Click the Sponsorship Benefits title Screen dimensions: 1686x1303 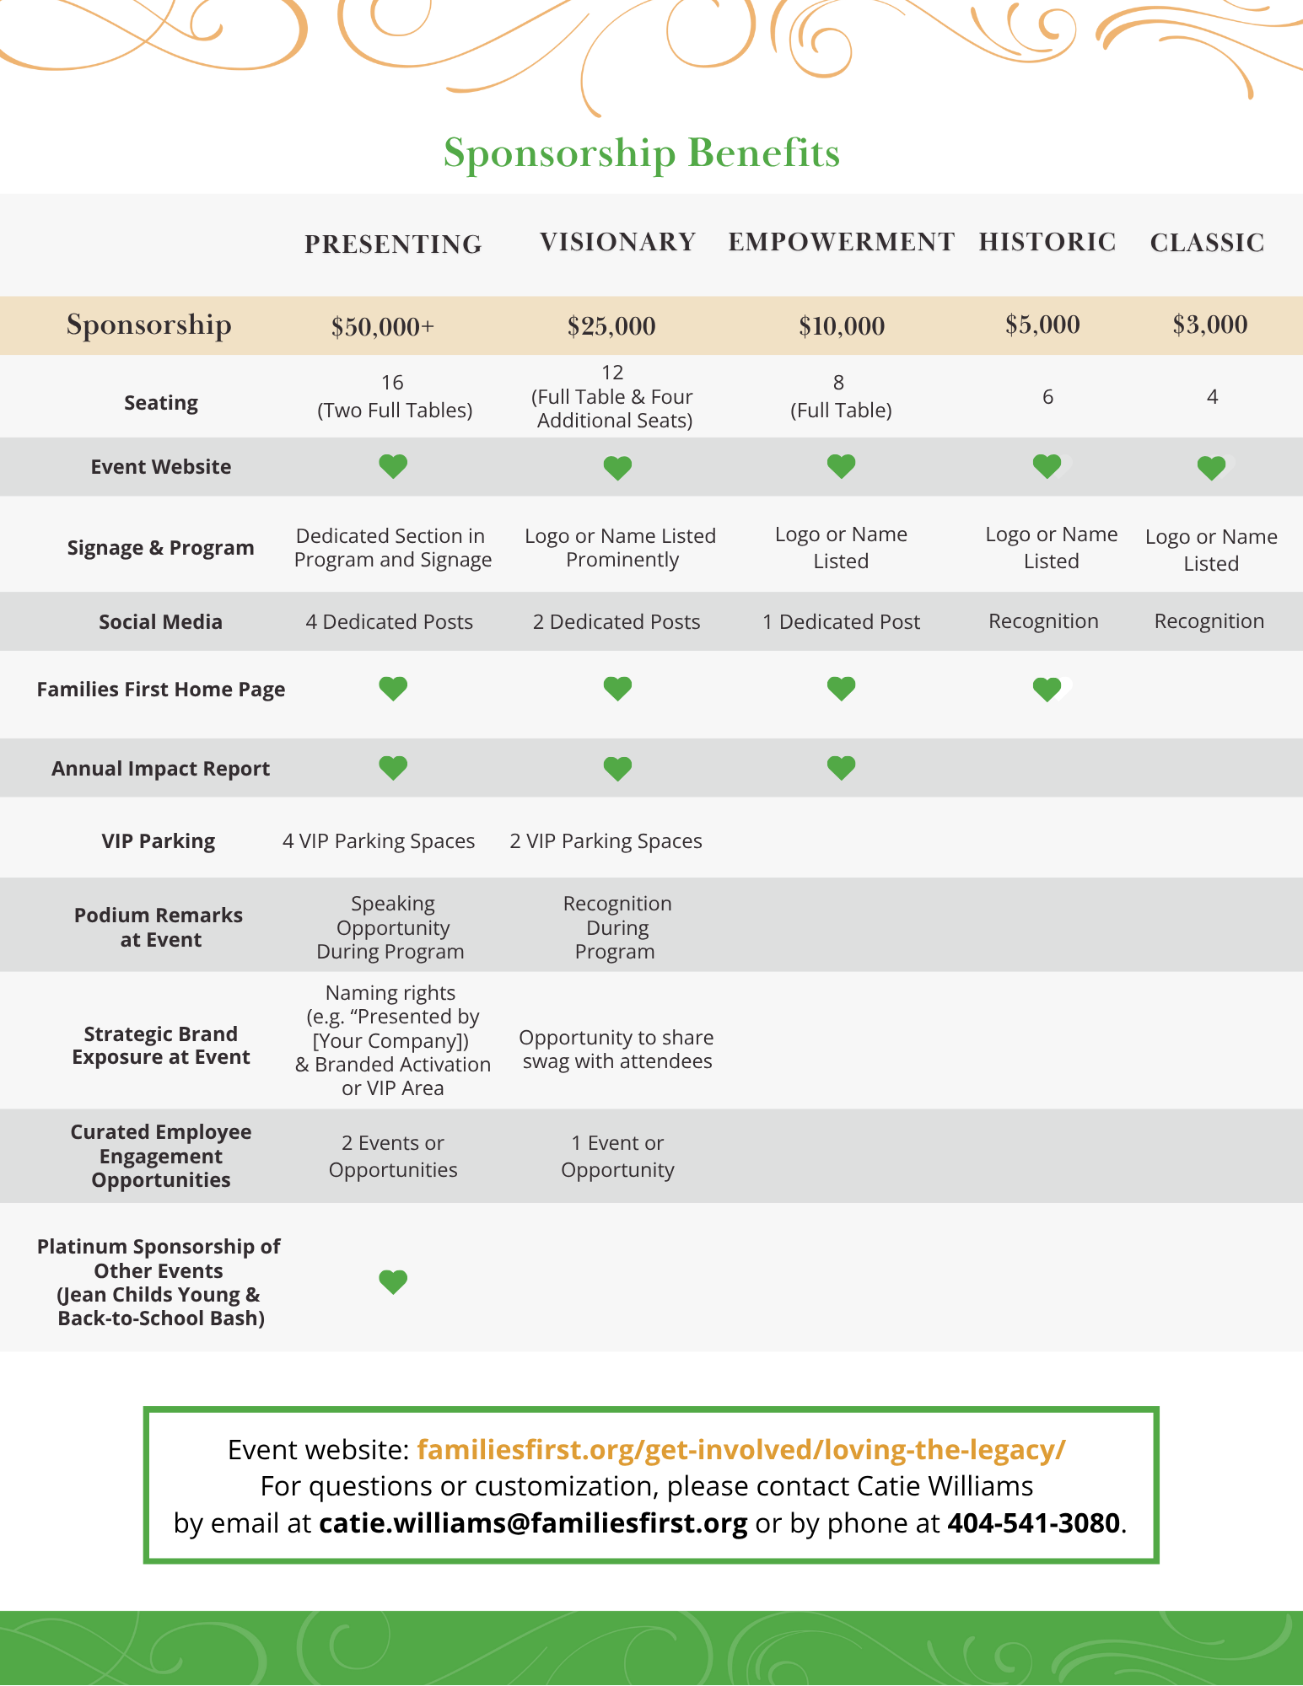(x=641, y=153)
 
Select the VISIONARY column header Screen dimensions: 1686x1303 (x=617, y=242)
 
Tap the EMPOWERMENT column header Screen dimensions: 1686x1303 (x=841, y=242)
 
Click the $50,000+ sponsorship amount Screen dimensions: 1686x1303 (x=382, y=326)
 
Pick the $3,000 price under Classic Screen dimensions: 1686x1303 (x=1209, y=325)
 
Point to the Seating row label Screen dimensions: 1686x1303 (x=161, y=403)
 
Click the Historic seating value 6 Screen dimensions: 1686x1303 (x=1047, y=397)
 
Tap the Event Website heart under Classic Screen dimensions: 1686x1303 (x=1211, y=467)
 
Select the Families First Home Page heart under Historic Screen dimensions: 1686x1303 (x=1047, y=690)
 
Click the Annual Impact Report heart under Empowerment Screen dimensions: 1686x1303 (x=841, y=767)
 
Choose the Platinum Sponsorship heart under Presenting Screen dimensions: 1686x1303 (x=393, y=1281)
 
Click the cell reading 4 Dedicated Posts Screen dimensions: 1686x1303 (x=389, y=622)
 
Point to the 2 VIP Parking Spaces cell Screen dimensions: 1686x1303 (x=606, y=841)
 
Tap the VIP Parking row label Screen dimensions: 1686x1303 (x=159, y=841)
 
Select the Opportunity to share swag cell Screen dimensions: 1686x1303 (x=617, y=1050)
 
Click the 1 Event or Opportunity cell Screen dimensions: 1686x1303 (x=617, y=1157)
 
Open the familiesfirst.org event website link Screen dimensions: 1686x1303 (x=740, y=1450)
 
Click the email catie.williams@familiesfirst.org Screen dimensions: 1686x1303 (x=533, y=1523)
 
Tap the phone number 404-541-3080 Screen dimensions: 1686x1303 (x=1033, y=1523)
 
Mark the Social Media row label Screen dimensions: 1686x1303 (x=160, y=622)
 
